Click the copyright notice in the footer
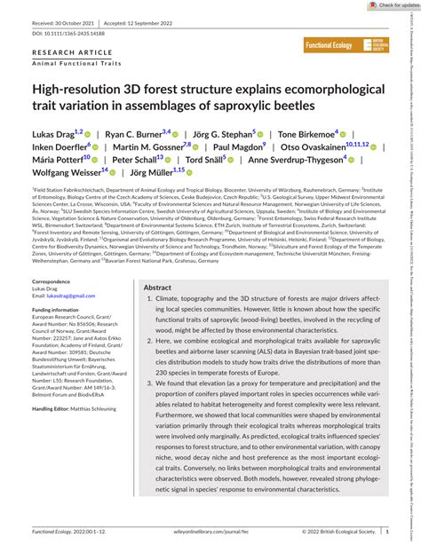338,533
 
